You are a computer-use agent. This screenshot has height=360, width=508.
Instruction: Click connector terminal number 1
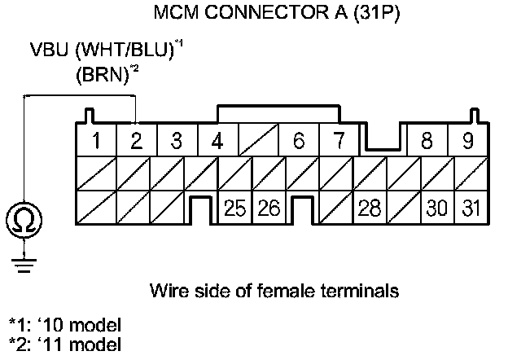coord(97,140)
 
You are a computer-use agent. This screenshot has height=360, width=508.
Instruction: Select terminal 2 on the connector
coord(137,140)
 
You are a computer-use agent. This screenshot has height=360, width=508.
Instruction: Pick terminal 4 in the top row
coord(217,140)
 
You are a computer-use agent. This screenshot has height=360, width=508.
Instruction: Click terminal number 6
coord(298,140)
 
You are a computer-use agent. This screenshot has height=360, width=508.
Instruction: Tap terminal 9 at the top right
coord(467,140)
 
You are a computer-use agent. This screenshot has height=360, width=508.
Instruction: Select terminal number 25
coord(235,208)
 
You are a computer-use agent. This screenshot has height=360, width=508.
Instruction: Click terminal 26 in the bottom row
coord(269,208)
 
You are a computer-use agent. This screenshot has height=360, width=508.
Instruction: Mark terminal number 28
coord(369,208)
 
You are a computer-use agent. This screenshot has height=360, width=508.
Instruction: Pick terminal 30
coord(436,208)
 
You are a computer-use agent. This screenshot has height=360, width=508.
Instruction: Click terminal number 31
coord(469,208)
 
